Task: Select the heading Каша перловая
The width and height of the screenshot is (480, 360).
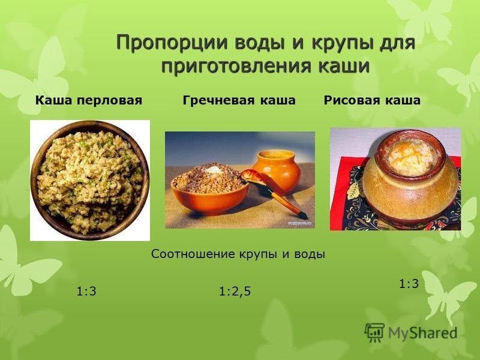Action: click(x=89, y=100)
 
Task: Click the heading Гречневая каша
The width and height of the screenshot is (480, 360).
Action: click(x=239, y=100)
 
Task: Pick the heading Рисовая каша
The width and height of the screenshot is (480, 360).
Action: click(x=372, y=100)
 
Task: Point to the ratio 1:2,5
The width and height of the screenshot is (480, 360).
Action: click(x=235, y=291)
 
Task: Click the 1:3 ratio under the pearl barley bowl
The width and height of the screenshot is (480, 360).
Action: click(x=86, y=291)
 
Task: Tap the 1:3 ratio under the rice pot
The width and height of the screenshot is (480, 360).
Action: click(x=409, y=284)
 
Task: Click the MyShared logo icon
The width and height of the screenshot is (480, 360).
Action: click(x=374, y=332)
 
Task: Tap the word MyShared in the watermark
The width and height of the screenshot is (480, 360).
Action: click(x=423, y=333)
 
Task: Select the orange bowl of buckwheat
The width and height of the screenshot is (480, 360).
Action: click(x=209, y=190)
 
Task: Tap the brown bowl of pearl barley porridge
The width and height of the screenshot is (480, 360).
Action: click(x=90, y=181)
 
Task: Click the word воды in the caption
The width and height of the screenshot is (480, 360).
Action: click(x=310, y=254)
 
